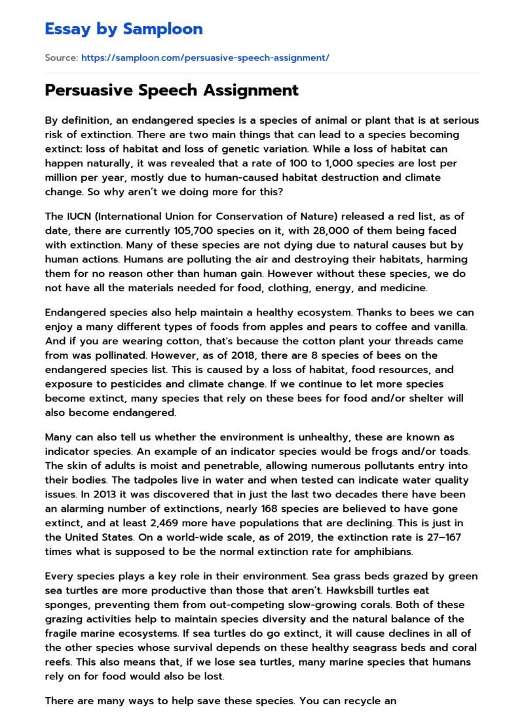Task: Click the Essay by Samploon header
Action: (x=123, y=29)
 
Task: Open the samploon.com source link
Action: (x=205, y=58)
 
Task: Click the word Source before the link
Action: (x=61, y=58)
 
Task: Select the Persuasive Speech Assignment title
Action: (x=172, y=90)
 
